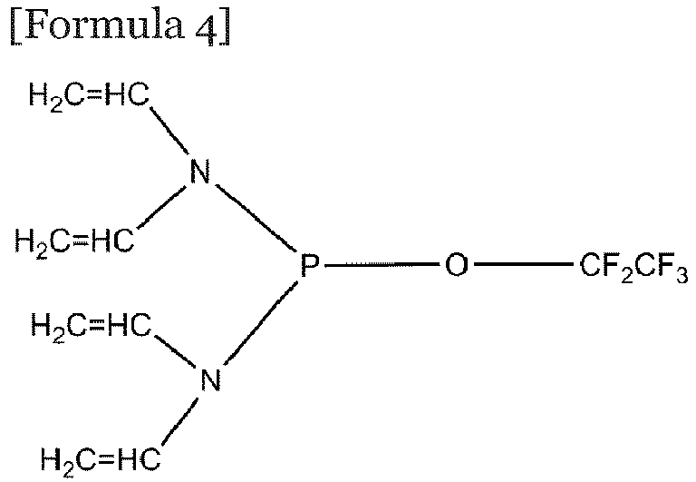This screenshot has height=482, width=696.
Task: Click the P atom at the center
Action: point(309,265)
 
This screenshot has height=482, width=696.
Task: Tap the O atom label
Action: point(457,265)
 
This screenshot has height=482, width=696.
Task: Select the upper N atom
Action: point(199,172)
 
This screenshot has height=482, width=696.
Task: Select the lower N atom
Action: point(210,379)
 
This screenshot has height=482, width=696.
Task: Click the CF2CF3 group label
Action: point(633,268)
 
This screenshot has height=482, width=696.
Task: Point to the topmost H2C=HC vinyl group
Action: point(89,96)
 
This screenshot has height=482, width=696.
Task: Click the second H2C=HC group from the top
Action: point(74,242)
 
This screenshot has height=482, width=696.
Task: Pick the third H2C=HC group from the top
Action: point(91,327)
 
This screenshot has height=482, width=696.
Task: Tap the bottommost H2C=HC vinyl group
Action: point(101,458)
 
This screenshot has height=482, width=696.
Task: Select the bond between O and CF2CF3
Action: point(523,265)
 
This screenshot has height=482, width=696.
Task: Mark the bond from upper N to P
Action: point(256,217)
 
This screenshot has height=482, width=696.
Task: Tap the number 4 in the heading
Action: point(205,26)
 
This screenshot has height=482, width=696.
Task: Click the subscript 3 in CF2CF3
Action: point(682,275)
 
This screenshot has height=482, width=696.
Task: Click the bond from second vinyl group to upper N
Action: point(161,207)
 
